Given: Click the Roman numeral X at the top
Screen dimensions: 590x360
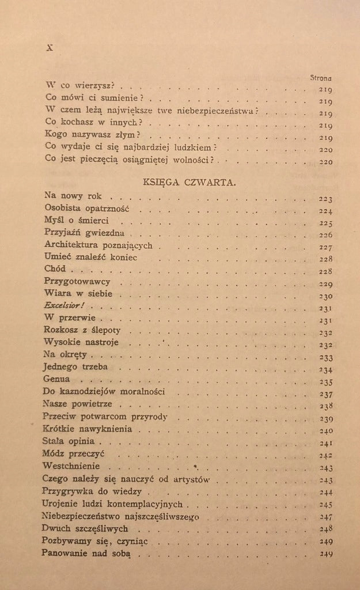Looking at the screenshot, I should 49,49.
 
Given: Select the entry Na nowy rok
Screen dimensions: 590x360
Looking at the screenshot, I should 73,196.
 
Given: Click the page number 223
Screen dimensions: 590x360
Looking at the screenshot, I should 326,199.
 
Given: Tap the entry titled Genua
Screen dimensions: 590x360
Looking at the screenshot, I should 56,379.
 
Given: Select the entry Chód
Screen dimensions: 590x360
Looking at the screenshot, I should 55,269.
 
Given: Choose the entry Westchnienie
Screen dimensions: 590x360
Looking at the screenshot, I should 71,466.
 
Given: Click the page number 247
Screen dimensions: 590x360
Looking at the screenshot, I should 326,517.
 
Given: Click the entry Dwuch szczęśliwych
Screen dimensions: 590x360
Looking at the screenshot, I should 85,528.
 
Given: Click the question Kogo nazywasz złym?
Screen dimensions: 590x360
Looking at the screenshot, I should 93,133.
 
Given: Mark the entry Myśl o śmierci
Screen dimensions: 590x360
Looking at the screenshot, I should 76,221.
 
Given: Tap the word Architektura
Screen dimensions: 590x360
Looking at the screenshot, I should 73,245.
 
